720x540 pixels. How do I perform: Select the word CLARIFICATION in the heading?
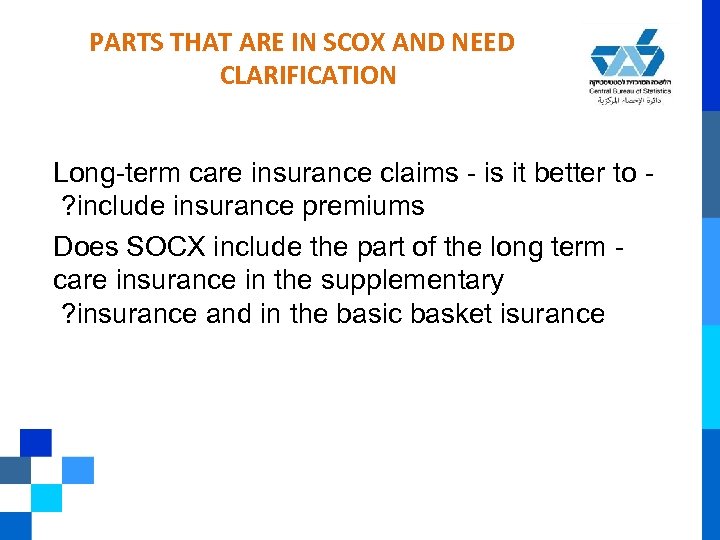point(306,75)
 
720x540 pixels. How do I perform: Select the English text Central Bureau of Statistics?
point(629,91)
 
